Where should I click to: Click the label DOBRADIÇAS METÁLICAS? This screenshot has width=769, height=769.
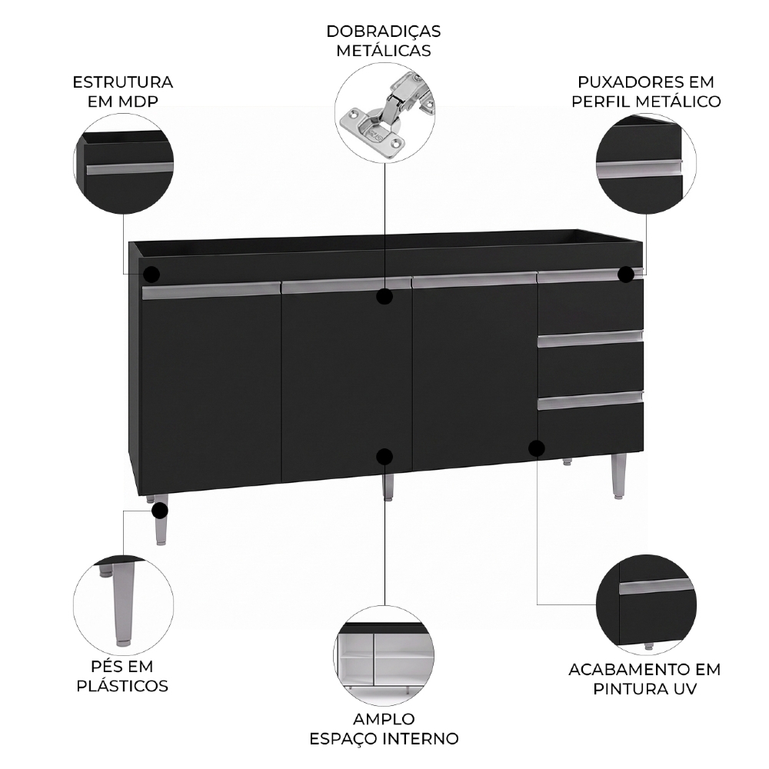384,41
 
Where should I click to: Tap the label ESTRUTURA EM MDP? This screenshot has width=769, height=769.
123,92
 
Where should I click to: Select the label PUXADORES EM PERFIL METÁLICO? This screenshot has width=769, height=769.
646,92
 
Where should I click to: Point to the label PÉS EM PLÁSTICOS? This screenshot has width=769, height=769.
122,676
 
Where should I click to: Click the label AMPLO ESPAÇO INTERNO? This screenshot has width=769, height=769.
384,729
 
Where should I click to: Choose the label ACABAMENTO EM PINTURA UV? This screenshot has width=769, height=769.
644,679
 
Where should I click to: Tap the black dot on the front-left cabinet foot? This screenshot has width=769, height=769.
160,511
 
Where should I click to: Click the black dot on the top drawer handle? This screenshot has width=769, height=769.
626,275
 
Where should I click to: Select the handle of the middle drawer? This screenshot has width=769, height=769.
590,337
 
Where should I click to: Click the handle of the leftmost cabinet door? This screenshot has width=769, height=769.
211,292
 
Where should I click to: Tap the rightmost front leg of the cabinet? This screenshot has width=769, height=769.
619,476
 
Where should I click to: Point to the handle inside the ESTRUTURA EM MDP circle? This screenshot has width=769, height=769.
130,168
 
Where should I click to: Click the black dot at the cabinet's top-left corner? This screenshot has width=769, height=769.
151,275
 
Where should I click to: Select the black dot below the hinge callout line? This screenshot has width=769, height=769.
384,296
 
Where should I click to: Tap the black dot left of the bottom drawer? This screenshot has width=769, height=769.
537,448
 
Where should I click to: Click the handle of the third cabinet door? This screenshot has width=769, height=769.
474,281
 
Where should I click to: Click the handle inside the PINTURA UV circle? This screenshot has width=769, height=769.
657,587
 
